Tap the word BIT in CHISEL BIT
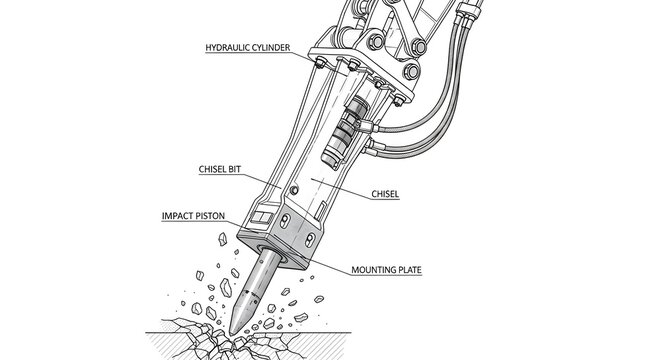coord(234,169)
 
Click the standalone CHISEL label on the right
coord(385,194)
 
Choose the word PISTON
coord(209,216)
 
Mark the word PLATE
coord(408,270)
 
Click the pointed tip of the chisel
coord(231,334)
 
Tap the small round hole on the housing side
coord(294,190)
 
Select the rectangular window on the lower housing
coord(262,218)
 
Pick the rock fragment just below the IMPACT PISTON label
coord(222,239)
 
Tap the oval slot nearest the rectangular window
coord(285,220)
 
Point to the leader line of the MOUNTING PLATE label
coord(328,265)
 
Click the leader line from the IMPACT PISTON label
coord(233,225)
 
